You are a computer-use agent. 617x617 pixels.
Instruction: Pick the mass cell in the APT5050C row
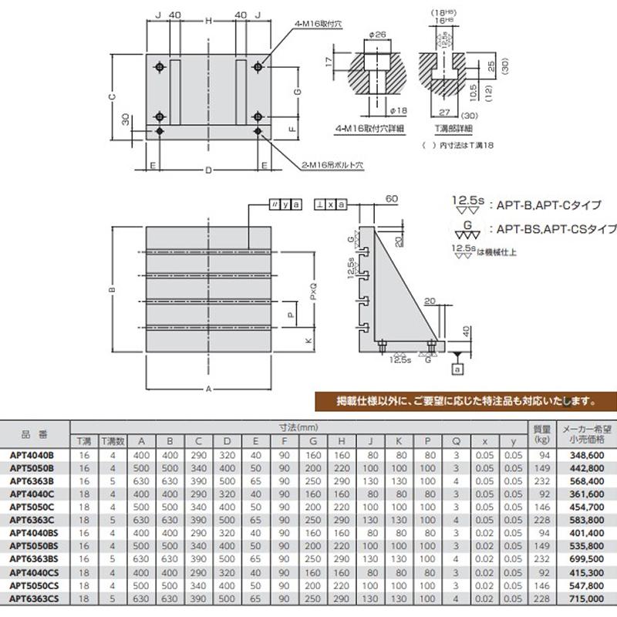click(x=542, y=507)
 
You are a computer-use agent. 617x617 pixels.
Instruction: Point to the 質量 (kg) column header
click(x=542, y=435)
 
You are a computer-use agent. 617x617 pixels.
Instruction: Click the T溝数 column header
click(x=111, y=441)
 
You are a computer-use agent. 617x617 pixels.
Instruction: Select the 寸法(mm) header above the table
click(x=298, y=427)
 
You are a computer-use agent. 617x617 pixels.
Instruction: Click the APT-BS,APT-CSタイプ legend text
click(x=553, y=229)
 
